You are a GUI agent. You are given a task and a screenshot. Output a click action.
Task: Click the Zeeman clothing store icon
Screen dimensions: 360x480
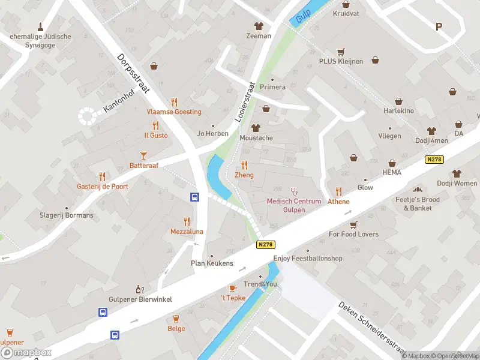click(259, 26)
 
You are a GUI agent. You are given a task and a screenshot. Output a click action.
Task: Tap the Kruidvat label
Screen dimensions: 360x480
click(346, 13)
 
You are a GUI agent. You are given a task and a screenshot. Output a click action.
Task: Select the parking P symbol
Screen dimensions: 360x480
click(439, 26)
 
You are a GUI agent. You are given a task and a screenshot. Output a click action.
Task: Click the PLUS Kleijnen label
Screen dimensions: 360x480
click(341, 61)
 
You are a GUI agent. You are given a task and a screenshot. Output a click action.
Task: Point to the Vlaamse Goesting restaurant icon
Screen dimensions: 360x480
click(174, 102)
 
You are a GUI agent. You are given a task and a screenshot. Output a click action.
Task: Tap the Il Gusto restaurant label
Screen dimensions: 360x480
click(155, 136)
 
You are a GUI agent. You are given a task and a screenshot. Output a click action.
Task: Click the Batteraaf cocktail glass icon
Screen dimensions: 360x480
click(144, 155)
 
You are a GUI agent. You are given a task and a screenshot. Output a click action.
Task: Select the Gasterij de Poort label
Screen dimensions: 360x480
click(102, 187)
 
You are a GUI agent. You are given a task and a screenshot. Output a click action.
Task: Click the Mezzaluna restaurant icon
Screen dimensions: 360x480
click(187, 221)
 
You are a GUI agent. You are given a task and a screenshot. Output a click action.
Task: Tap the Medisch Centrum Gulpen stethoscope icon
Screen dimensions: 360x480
click(294, 191)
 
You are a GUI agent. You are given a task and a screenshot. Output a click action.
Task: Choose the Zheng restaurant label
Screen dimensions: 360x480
click(244, 175)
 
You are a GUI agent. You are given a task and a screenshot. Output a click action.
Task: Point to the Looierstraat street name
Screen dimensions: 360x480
click(245, 102)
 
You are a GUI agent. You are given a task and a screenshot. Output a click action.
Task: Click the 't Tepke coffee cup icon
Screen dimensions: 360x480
click(233, 288)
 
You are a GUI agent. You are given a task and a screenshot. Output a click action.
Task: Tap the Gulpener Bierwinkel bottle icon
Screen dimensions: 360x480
click(139, 289)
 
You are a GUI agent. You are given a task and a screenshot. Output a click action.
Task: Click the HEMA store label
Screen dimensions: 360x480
click(391, 172)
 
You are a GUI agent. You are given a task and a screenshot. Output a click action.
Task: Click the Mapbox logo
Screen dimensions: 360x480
click(26, 352)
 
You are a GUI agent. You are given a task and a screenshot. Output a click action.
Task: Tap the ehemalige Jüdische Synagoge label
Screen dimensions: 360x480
click(40, 41)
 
